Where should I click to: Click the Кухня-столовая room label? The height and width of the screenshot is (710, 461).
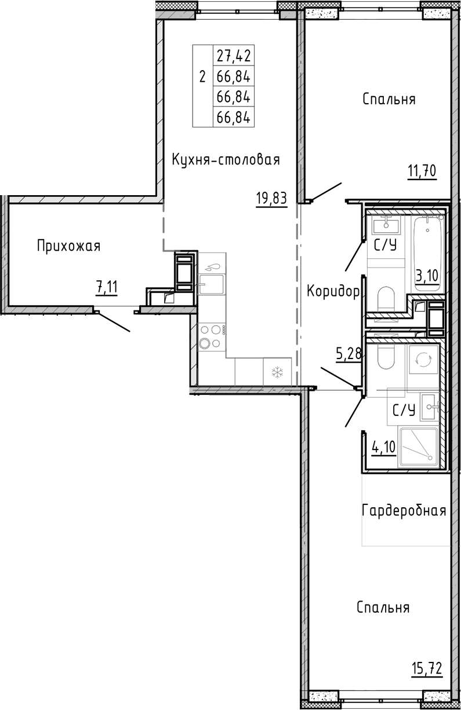[226, 160]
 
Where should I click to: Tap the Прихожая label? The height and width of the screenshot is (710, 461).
[68, 246]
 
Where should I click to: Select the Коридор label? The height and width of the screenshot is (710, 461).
[333, 291]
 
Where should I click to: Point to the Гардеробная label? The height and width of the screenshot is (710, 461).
[404, 511]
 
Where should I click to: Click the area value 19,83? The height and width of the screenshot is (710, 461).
[271, 199]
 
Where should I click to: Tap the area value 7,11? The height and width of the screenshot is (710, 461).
[109, 286]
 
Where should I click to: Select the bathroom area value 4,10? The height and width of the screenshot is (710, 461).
[383, 447]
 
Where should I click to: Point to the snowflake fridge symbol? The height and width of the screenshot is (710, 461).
[277, 371]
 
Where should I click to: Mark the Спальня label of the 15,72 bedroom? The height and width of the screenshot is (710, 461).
[383, 607]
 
